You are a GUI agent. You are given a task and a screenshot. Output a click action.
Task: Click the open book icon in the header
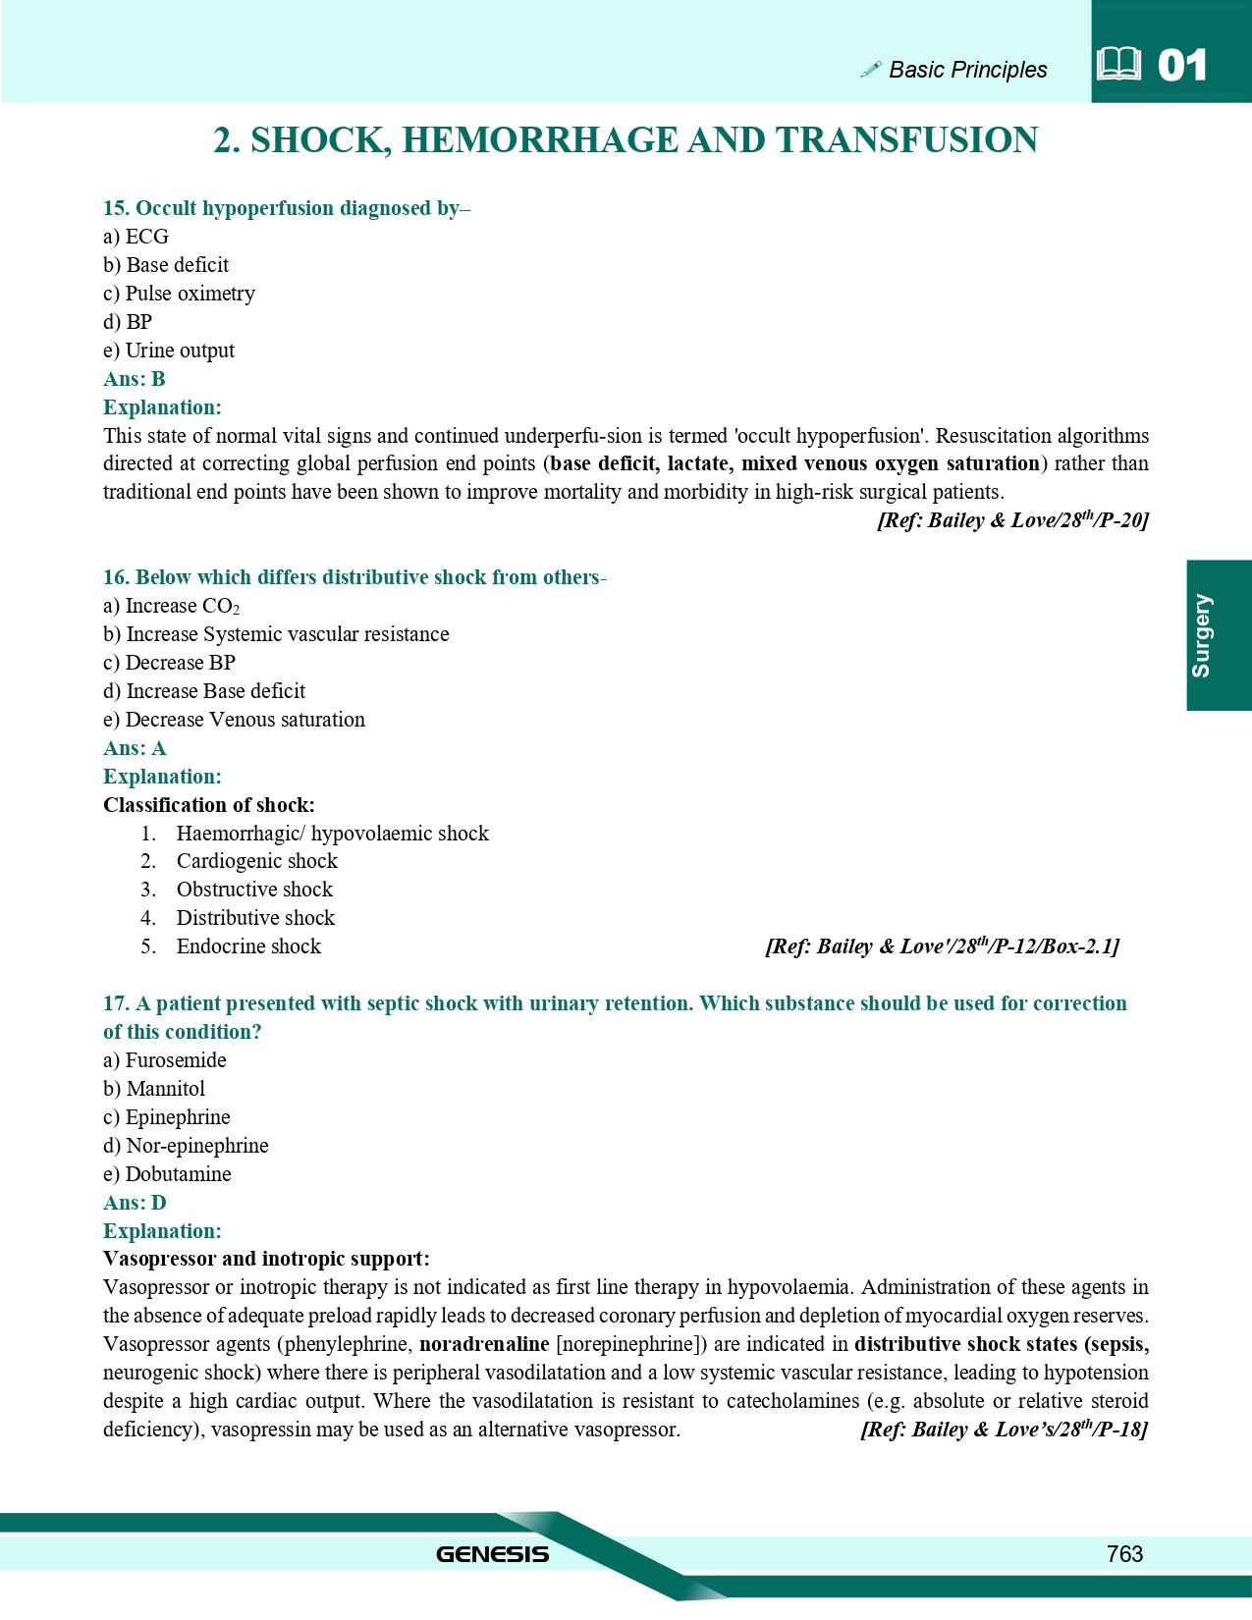pyautogui.click(x=1118, y=65)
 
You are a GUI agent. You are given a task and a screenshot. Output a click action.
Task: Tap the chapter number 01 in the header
pyautogui.click(x=1182, y=66)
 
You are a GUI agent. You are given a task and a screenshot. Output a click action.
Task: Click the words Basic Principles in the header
pyautogui.click(x=967, y=70)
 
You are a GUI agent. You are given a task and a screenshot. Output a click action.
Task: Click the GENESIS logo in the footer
pyautogui.click(x=492, y=1553)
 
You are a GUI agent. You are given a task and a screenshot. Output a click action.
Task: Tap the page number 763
pyautogui.click(x=1124, y=1553)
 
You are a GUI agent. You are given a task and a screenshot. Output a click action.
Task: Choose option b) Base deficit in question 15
pyautogui.click(x=166, y=265)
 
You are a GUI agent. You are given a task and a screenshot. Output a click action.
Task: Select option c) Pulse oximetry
pyautogui.click(x=179, y=294)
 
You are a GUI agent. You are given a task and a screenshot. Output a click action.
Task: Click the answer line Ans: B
pyautogui.click(x=135, y=379)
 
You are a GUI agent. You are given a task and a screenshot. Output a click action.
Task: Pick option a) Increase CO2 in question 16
pyautogui.click(x=172, y=606)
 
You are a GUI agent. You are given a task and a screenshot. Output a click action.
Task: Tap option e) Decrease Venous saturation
pyautogui.click(x=234, y=720)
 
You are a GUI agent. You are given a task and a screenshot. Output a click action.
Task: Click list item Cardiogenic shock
pyautogui.click(x=256, y=861)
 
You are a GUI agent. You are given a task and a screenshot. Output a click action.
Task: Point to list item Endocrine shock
pyautogui.click(x=248, y=946)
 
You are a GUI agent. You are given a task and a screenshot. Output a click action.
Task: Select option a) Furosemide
pyautogui.click(x=165, y=1060)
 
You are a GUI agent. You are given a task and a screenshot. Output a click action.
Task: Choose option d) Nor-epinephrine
pyautogui.click(x=186, y=1146)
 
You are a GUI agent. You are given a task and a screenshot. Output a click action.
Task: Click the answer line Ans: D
pyautogui.click(x=135, y=1203)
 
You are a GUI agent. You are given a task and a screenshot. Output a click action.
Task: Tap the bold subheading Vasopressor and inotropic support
pyautogui.click(x=266, y=1259)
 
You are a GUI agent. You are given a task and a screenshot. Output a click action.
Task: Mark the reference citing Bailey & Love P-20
pyautogui.click(x=1012, y=520)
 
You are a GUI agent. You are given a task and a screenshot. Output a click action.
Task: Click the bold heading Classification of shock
pyautogui.click(x=209, y=805)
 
